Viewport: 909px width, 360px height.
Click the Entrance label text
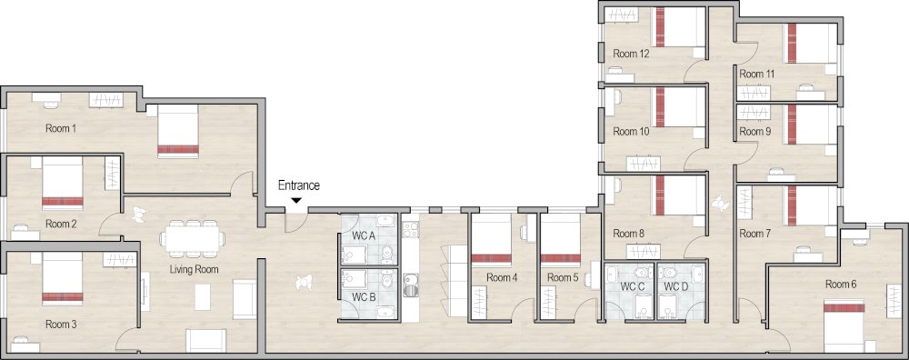point(298,185)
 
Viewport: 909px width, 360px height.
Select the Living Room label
point(194,270)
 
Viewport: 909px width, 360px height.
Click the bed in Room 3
point(63,279)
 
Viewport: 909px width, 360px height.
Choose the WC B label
point(364,296)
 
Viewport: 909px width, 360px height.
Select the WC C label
point(633,287)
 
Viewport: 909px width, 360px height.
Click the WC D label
point(675,287)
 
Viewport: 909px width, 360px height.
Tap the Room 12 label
point(631,55)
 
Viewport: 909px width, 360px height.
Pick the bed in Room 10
point(680,107)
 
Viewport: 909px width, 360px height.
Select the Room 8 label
point(627,234)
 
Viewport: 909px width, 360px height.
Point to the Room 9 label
point(754,131)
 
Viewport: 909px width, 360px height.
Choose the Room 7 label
point(754,234)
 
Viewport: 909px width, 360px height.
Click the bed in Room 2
point(62,185)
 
